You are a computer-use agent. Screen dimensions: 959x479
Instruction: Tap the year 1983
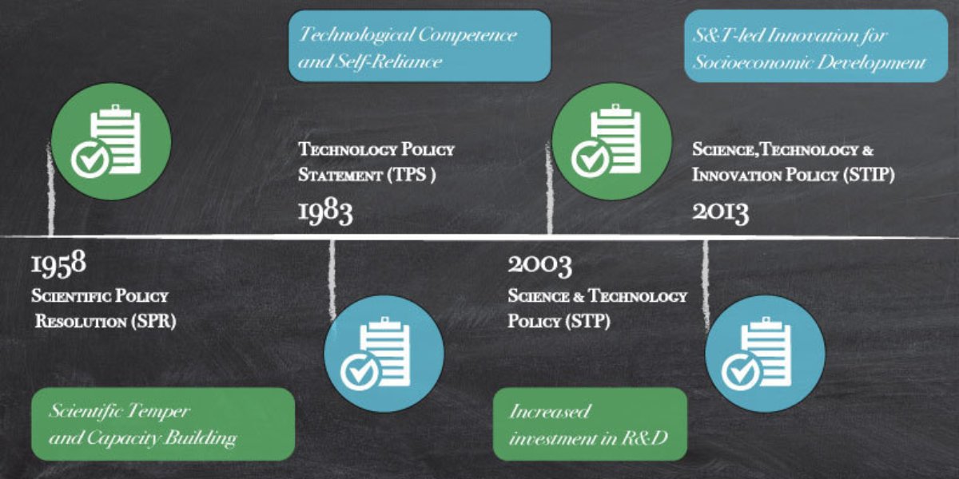pyautogui.click(x=325, y=212)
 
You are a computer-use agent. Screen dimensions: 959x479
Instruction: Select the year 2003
pyautogui.click(x=539, y=265)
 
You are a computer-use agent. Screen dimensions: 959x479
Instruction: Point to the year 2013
pyautogui.click(x=721, y=212)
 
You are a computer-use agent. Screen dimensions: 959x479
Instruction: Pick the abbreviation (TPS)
pyautogui.click(x=412, y=175)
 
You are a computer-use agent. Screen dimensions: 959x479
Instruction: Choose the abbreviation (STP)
pyautogui.click(x=589, y=321)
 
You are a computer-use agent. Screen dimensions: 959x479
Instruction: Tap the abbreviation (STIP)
pyautogui.click(x=869, y=175)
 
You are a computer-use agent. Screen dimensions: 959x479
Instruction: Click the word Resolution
pyautogui.click(x=81, y=322)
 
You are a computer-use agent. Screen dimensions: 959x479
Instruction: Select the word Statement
pyautogui.click(x=340, y=175)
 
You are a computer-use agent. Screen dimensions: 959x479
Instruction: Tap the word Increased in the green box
pyautogui.click(x=550, y=411)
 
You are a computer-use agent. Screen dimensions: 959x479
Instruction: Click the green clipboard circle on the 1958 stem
pyautogui.click(x=111, y=141)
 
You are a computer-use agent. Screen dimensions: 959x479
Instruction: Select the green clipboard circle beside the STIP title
pyautogui.click(x=612, y=141)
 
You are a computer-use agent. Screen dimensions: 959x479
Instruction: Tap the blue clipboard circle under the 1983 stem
pyautogui.click(x=384, y=354)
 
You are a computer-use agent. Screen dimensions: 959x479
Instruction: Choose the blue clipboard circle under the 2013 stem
pyautogui.click(x=765, y=354)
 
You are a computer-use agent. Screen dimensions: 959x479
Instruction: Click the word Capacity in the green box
pyautogui.click(x=124, y=438)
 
